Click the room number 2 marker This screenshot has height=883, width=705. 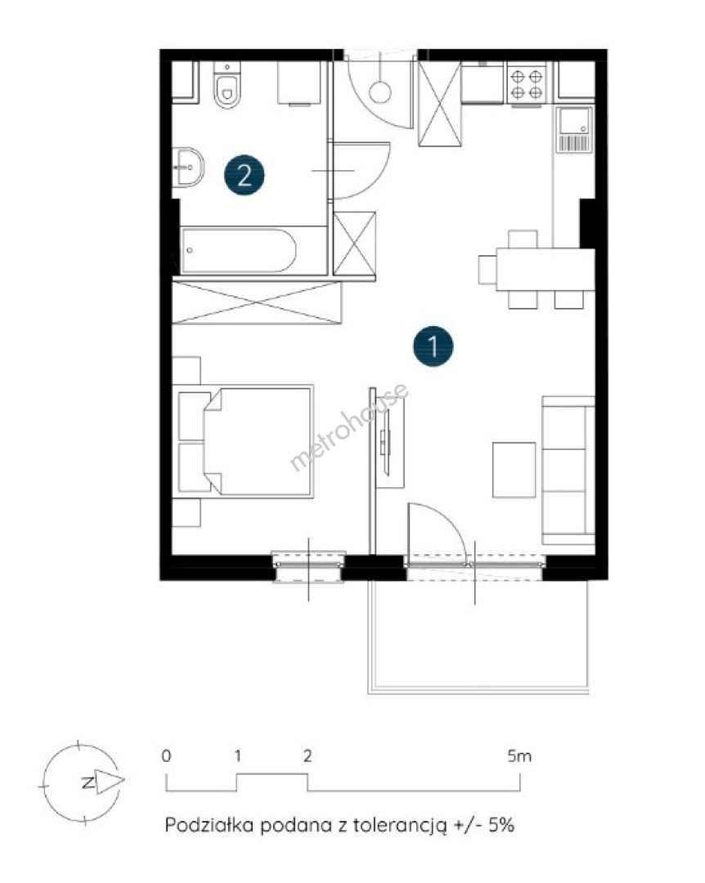click(244, 175)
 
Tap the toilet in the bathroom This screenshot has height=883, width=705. click(227, 86)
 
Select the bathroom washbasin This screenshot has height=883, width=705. click(187, 168)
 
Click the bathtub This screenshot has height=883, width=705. click(238, 251)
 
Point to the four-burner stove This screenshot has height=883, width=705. click(527, 83)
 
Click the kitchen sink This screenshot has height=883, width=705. click(574, 129)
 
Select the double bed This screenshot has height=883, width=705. click(243, 441)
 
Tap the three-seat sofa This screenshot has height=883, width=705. click(568, 470)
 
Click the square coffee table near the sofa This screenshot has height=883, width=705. click(514, 469)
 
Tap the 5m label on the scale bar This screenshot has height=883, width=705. click(519, 755)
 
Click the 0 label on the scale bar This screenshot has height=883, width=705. click(166, 755)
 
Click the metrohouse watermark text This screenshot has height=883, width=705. click(349, 426)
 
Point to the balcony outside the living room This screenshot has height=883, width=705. click(478, 636)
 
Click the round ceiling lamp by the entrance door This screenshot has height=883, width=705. click(380, 92)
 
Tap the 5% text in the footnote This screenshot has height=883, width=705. click(501, 826)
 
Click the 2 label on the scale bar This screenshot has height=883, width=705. click(308, 755)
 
